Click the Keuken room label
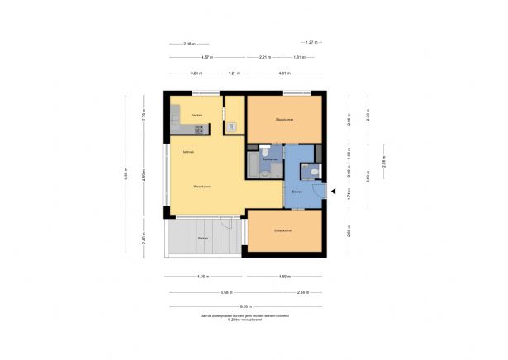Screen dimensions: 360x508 click(x=197, y=114)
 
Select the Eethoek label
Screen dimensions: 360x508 click(x=188, y=152)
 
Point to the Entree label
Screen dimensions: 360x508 click(x=297, y=192)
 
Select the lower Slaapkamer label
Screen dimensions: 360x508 click(x=284, y=230)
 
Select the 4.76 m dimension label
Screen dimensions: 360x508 click(x=203, y=277)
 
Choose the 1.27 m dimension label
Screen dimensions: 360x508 click(x=311, y=42)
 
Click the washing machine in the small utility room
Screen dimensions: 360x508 click(x=232, y=126)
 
